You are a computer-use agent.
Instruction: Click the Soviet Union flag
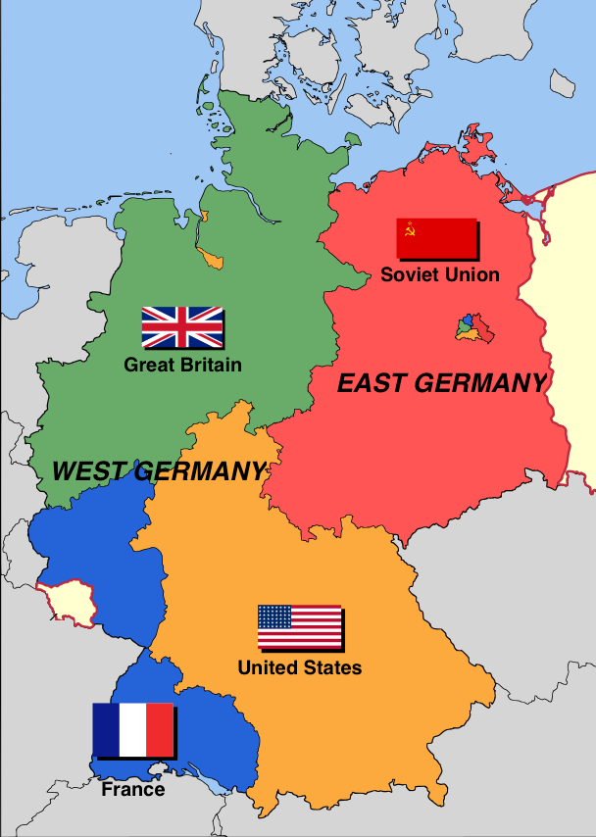point(435,238)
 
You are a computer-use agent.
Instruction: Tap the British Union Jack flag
point(182,326)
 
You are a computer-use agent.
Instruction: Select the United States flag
point(299,626)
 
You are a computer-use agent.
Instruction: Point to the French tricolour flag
point(132,729)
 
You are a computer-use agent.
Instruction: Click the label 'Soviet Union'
point(440,274)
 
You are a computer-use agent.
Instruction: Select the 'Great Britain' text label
point(182,365)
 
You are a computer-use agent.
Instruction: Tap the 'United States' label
point(299,667)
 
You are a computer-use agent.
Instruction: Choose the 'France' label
point(132,789)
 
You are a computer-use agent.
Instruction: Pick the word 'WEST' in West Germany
point(86,471)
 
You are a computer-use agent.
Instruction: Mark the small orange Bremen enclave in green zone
point(210,259)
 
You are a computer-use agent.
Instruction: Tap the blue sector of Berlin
point(468,320)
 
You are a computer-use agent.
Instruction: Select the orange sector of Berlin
point(468,334)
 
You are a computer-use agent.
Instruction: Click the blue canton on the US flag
point(274,616)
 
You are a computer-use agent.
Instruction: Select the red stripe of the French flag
point(160,729)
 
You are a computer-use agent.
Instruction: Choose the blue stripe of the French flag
point(106,729)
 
